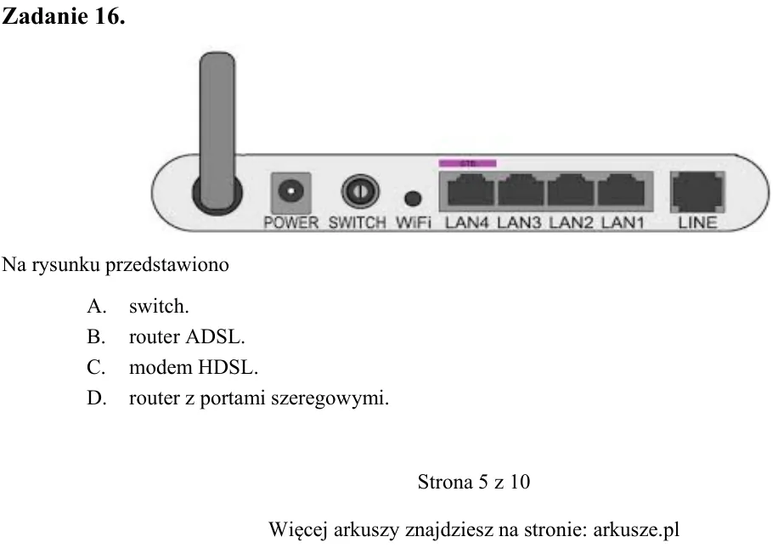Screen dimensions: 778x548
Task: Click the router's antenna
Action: (217, 129)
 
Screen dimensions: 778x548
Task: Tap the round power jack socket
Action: (291, 192)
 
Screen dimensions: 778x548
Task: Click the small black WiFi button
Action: (413, 199)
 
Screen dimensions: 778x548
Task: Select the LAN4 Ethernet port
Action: (471, 190)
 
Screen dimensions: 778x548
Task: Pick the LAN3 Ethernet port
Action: (521, 190)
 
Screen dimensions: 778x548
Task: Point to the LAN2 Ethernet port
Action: (571, 190)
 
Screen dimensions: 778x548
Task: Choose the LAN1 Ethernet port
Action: (621, 190)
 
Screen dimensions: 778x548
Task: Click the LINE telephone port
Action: (697, 192)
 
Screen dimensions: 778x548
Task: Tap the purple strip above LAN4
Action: (467, 163)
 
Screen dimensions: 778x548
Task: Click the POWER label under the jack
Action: (291, 223)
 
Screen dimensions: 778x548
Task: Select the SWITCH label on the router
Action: (358, 223)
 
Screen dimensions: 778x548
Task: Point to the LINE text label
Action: (697, 223)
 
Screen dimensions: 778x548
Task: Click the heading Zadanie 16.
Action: (64, 16)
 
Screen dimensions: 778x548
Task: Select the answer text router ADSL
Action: (187, 337)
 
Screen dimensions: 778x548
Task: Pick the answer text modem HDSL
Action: (194, 367)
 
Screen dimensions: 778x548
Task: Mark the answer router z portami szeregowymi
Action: (259, 398)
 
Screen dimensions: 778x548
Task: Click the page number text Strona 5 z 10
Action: (474, 482)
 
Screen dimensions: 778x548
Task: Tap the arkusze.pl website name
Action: (636, 530)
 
